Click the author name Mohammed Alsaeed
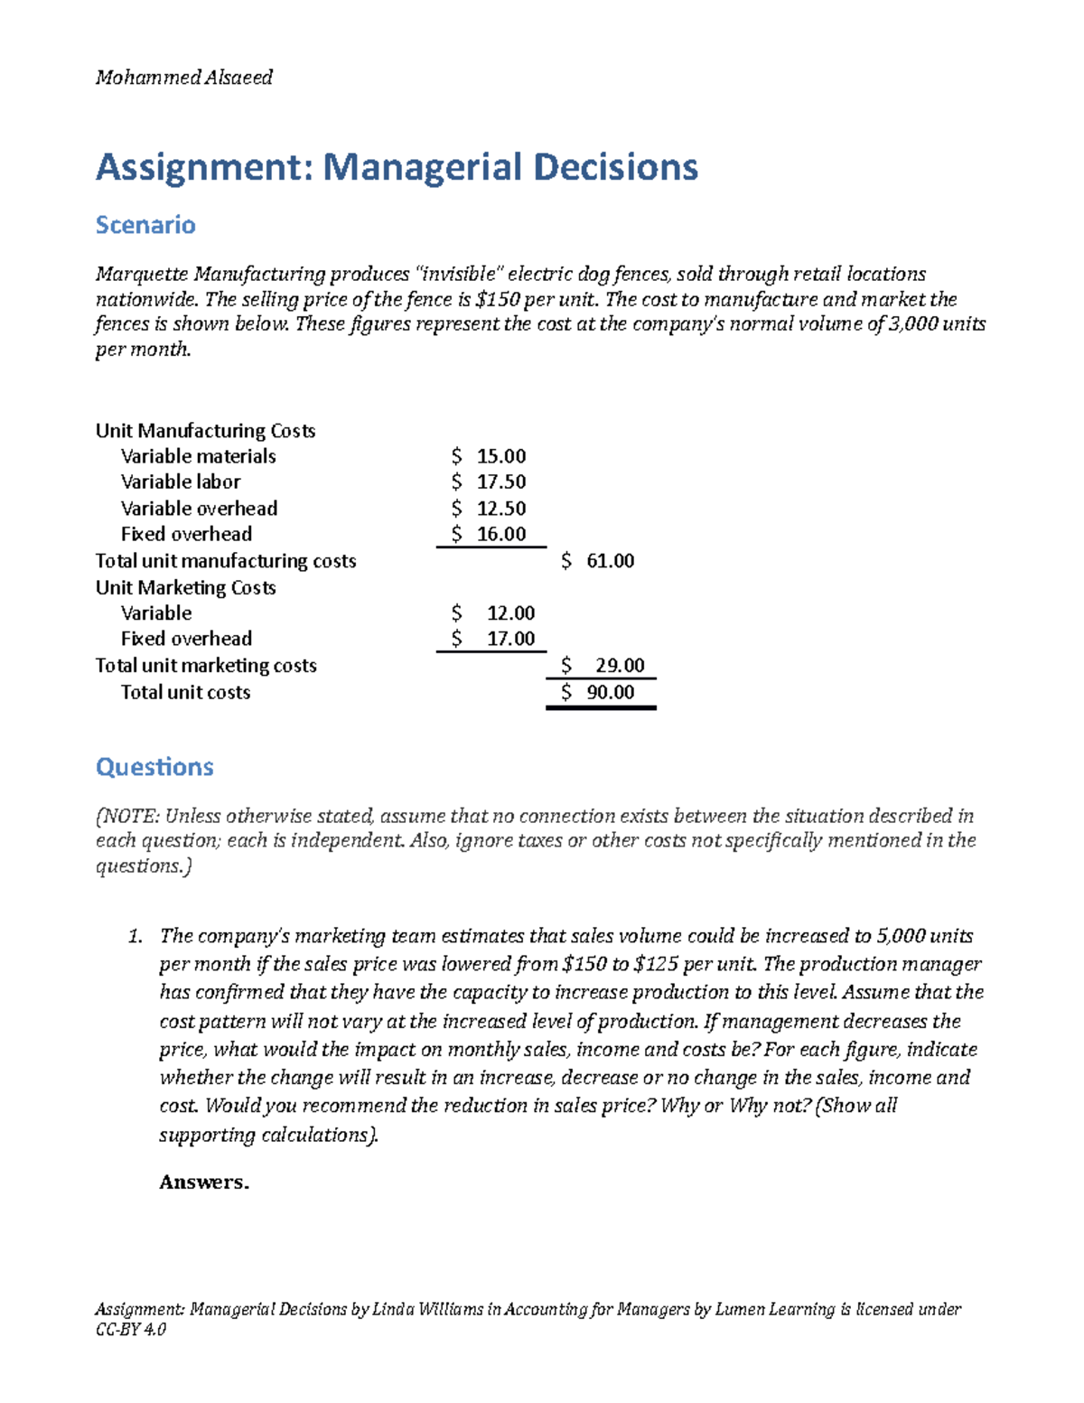184,78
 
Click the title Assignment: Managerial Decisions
397,167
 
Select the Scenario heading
145,225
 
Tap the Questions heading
154,767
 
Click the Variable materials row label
198,456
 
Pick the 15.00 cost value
500,456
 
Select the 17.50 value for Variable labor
500,482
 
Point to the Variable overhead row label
199,508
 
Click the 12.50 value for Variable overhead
500,508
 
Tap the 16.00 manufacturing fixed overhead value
500,534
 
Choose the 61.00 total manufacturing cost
610,561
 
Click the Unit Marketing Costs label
185,587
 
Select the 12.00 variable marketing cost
510,613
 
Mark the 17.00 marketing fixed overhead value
510,639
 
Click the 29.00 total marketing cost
620,666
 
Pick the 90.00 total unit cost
610,692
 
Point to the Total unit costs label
185,692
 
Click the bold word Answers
203,1183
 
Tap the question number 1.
135,936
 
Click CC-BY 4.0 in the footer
131,1330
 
